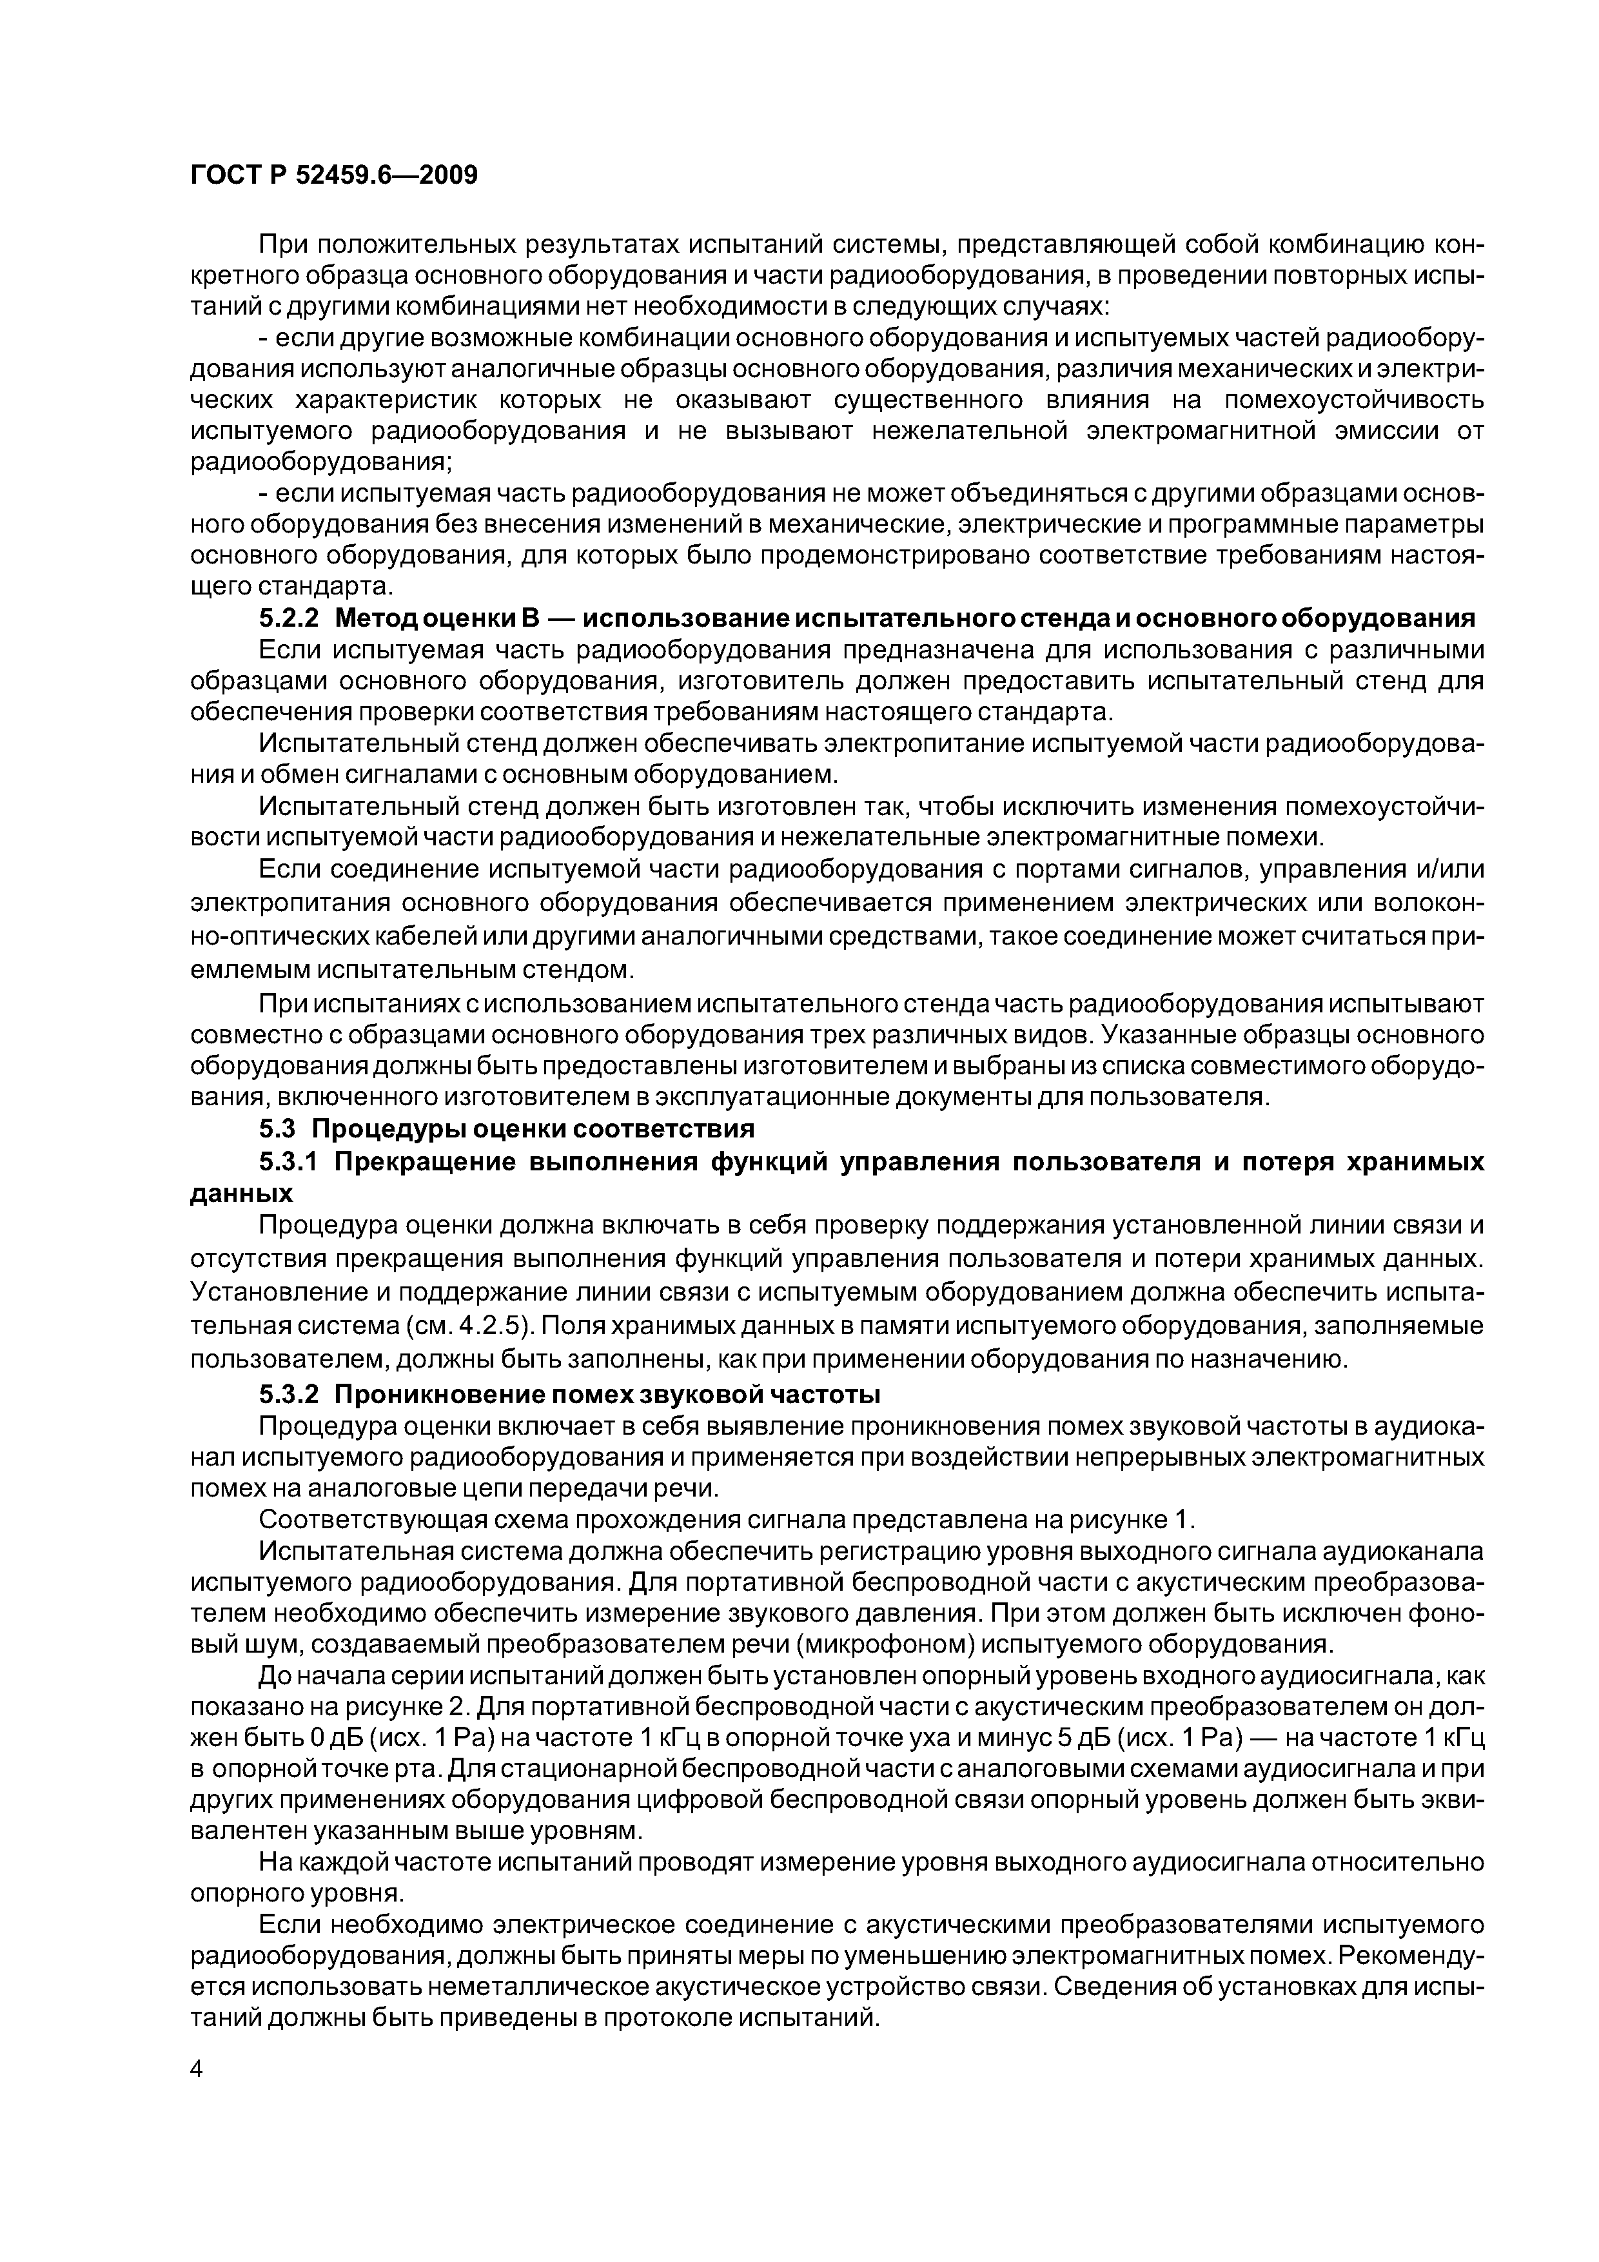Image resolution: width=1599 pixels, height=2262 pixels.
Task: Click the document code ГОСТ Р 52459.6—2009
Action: pos(333,175)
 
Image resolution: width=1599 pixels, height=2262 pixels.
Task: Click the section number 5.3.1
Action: pos(291,1161)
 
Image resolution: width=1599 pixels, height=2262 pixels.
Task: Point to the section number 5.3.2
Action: pos(291,1395)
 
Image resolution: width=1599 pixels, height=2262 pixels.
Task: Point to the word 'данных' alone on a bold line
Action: pos(241,1193)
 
